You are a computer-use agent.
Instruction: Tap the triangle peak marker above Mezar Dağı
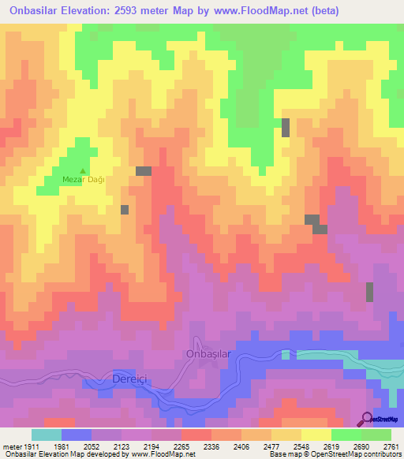(84, 170)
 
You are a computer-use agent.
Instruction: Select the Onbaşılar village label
(208, 354)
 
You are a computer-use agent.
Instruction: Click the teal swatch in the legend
(47, 435)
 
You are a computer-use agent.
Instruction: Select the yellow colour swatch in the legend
(316, 435)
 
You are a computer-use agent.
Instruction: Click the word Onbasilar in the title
(38, 11)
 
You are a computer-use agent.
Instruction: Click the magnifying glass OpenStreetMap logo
(367, 418)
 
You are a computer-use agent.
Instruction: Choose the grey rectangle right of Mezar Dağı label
(144, 171)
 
